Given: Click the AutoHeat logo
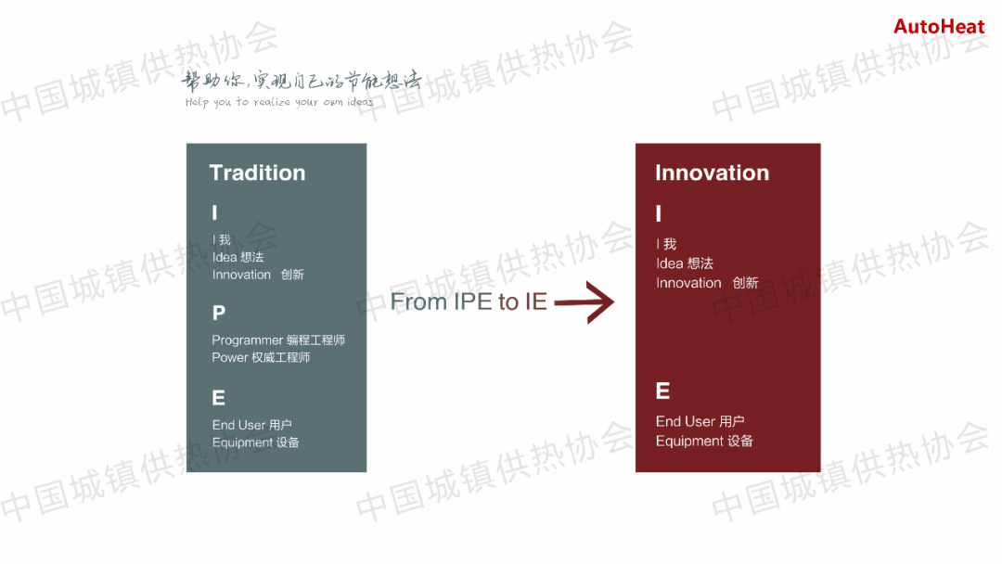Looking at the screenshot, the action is [x=939, y=27].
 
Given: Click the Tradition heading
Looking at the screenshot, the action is [x=258, y=173].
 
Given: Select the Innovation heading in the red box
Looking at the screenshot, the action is [x=712, y=173].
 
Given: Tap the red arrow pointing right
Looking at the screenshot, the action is [x=584, y=302].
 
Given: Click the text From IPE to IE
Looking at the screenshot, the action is [x=469, y=301].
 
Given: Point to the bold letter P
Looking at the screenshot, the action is [x=219, y=313].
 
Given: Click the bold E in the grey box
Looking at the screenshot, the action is [x=219, y=398].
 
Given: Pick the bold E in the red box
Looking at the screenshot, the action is [x=662, y=391].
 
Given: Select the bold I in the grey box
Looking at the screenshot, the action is [x=214, y=212].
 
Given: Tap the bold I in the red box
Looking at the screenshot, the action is [x=659, y=213].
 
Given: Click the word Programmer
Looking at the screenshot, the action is [x=248, y=340].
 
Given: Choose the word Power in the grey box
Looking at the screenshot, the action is [x=230, y=358].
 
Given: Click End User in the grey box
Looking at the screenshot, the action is [x=238, y=425].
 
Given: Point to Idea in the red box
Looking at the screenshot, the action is [x=670, y=263].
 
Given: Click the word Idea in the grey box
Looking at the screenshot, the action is [x=225, y=257].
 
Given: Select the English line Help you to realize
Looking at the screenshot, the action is [x=279, y=102].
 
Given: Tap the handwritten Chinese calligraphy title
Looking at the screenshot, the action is [x=301, y=81].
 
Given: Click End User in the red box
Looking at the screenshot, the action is [x=685, y=421].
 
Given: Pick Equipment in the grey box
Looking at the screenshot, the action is [x=242, y=442].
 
